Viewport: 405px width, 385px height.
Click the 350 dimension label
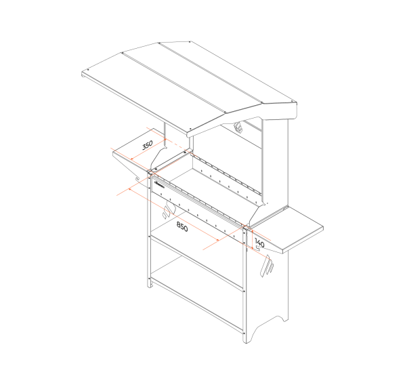pos(148,145)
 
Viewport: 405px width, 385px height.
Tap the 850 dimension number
pos(182,227)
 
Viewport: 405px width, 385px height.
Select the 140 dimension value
pos(259,243)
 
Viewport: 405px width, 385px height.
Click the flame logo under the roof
pos(238,127)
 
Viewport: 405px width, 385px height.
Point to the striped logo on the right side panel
pos(267,266)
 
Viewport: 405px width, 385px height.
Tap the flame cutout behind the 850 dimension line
pos(169,209)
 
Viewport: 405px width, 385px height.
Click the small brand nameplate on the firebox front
pos(159,184)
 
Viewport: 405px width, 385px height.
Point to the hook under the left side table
pos(137,179)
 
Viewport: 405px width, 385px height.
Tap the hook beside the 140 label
pos(257,249)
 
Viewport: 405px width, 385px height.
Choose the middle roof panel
pos(192,77)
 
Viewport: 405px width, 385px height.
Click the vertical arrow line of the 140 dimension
pos(251,239)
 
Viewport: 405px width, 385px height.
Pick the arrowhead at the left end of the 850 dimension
pos(131,190)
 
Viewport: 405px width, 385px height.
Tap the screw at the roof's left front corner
pos(89,69)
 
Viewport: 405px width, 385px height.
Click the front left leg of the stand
pos(149,230)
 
